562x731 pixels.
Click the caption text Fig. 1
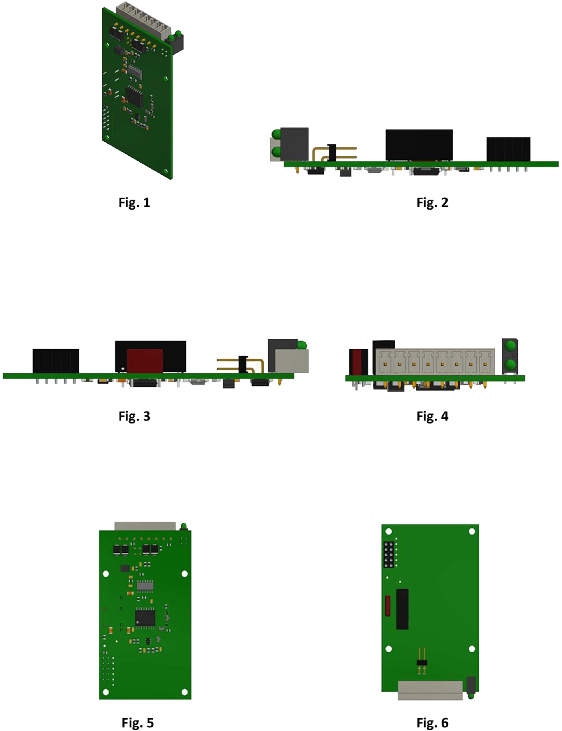[x=134, y=202]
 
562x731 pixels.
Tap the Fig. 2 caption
[x=432, y=202]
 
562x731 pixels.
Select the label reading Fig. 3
[x=134, y=416]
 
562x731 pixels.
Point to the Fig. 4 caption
[x=432, y=416]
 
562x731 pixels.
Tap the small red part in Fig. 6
[x=388, y=606]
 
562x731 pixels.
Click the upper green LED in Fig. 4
[x=510, y=345]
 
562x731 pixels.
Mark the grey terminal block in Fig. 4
[x=435, y=361]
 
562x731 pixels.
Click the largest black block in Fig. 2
[x=419, y=145]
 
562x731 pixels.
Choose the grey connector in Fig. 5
[x=145, y=526]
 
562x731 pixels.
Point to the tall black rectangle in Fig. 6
[x=402, y=609]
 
